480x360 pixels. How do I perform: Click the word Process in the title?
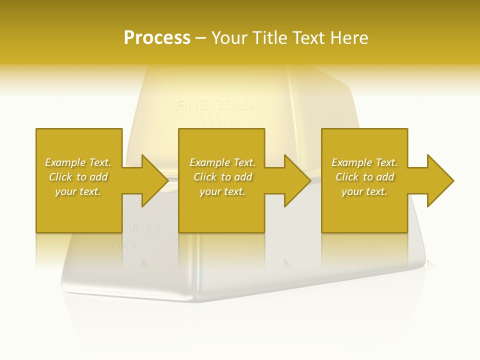157,38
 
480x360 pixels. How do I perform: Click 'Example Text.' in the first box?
78,162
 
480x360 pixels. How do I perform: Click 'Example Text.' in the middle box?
222,162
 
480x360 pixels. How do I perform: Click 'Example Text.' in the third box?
364,162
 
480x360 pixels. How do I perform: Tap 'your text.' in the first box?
78,191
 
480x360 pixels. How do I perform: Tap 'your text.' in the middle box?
222,191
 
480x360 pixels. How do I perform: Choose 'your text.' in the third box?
364,191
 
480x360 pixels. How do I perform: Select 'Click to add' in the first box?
78,177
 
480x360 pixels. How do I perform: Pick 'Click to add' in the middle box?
222,177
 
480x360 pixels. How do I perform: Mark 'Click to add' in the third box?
364,177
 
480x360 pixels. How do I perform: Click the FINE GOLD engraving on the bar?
214,105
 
